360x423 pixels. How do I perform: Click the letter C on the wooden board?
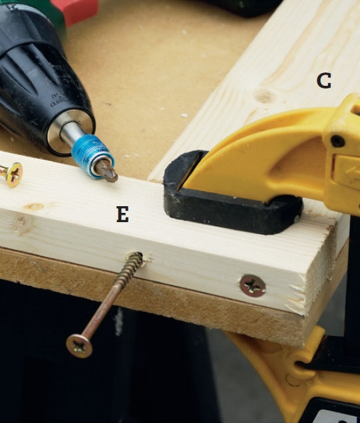[x=324, y=81]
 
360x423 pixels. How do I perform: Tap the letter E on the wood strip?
[x=122, y=214]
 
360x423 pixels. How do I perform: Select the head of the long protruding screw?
[x=79, y=346]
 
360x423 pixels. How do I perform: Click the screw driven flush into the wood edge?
[x=253, y=286]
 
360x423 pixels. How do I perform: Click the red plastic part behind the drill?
[x=75, y=10]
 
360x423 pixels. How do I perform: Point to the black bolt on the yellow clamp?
[x=338, y=141]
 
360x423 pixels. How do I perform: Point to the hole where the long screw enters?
[x=140, y=256]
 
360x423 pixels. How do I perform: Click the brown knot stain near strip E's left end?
[x=35, y=207]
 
